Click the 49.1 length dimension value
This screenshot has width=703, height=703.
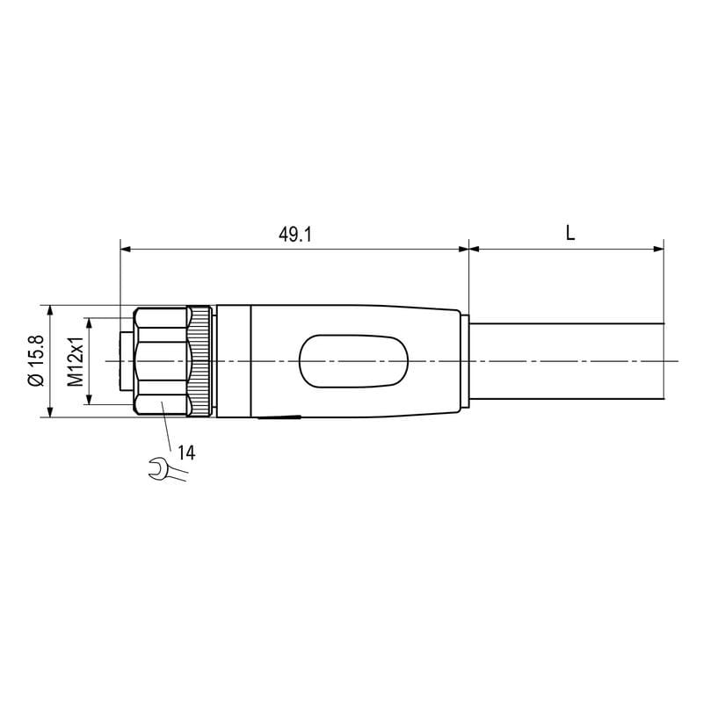click(294, 235)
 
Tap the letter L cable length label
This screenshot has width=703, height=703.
click(569, 233)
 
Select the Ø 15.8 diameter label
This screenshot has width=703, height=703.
click(36, 360)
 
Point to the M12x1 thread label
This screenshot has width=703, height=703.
click(76, 361)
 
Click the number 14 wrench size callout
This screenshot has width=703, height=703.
click(186, 453)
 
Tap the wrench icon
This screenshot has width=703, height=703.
click(167, 469)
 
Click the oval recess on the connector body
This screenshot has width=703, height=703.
click(353, 361)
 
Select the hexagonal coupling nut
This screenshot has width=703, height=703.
click(162, 361)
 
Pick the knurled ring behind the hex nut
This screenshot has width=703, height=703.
click(200, 361)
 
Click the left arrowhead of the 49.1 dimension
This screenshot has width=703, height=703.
click(126, 249)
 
